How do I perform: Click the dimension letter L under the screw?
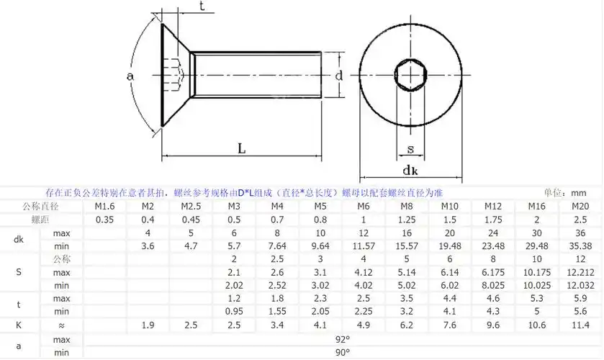242,148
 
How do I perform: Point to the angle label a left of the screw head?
130,76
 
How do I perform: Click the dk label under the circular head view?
410,171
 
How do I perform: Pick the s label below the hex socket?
410,150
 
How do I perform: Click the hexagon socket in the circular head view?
410,74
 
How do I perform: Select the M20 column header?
580,207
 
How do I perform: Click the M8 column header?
407,207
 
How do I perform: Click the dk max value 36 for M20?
580,233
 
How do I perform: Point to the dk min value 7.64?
277,246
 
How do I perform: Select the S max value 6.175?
494,273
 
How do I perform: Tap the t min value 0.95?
234,312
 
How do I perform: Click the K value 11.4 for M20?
580,325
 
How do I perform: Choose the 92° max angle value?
342,339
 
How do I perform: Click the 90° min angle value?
342,352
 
